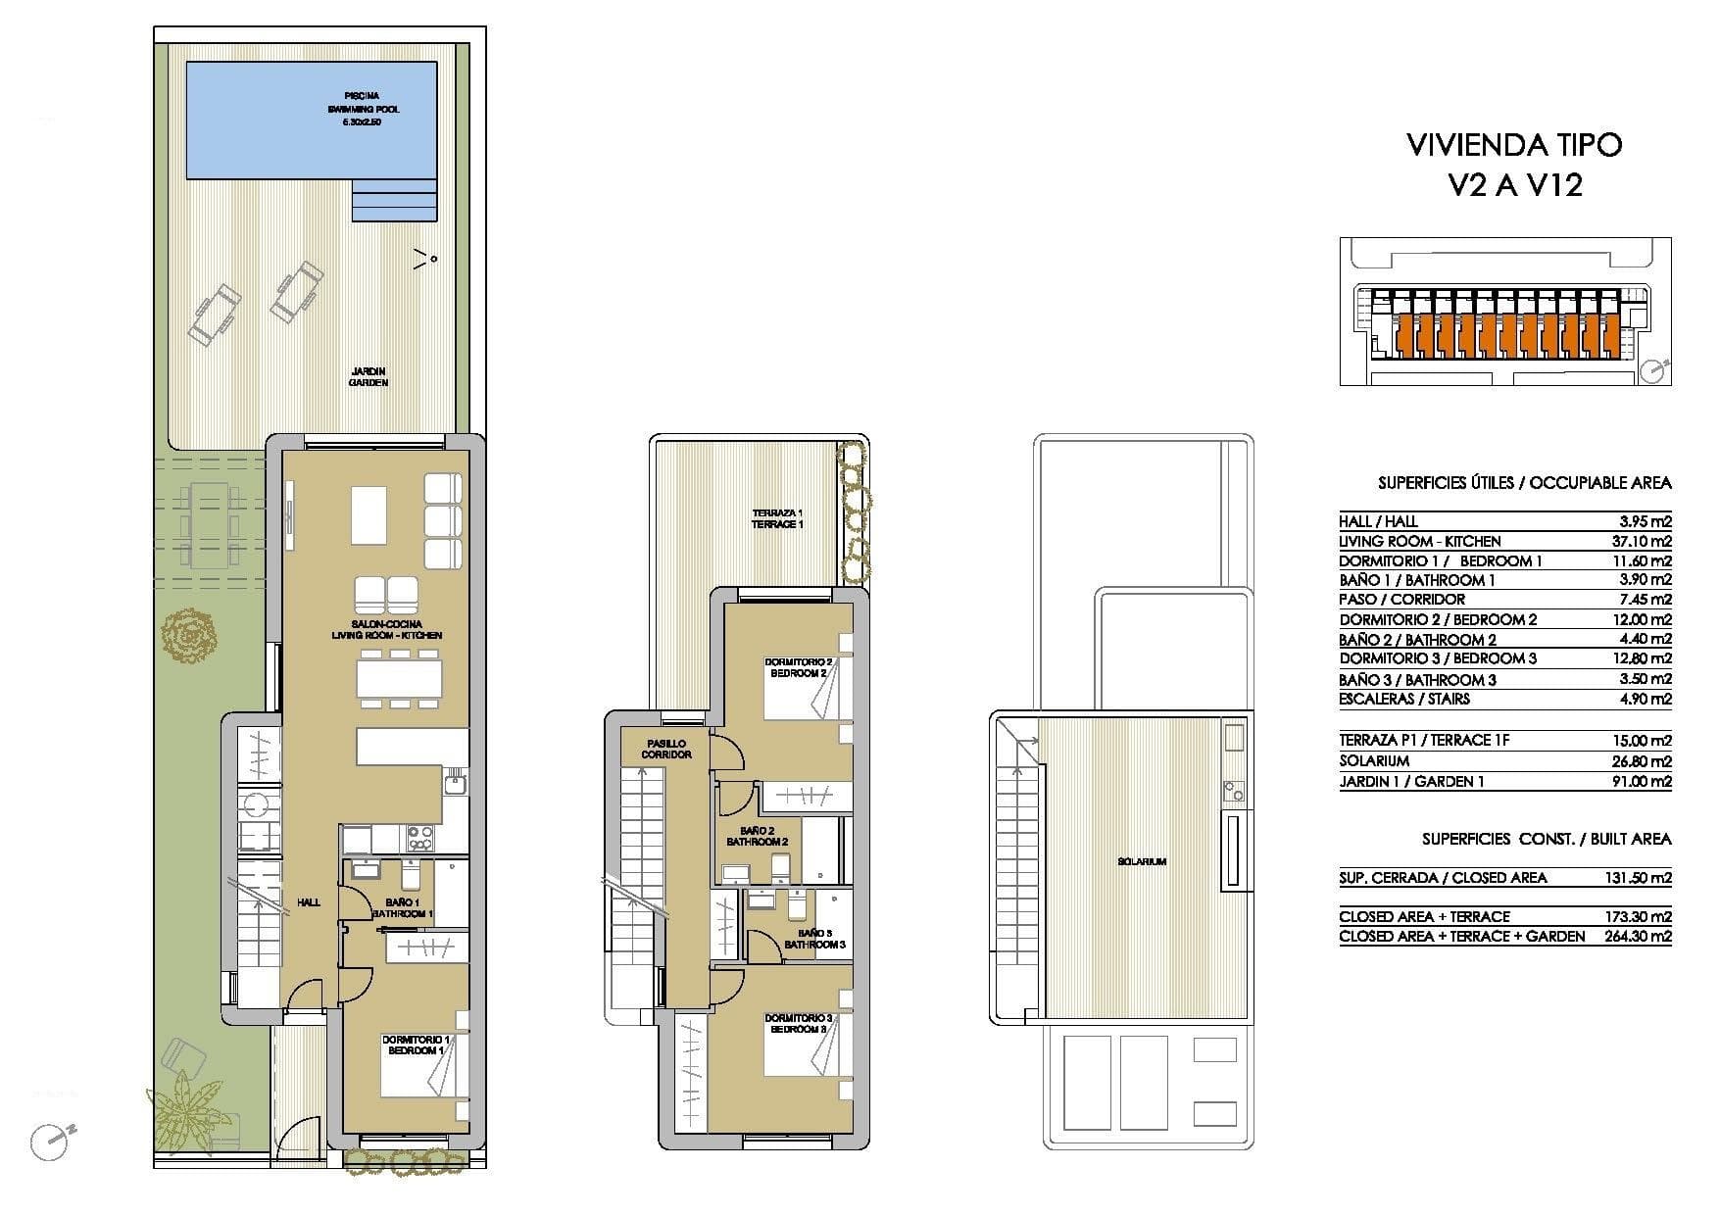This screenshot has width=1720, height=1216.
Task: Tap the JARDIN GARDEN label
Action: pyautogui.click(x=369, y=376)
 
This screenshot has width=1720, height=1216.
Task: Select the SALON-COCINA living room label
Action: pyautogui.click(x=386, y=629)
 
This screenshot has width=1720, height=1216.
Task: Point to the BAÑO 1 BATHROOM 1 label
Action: pyautogui.click(x=403, y=907)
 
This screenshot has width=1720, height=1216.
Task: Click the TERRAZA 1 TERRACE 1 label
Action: pyautogui.click(x=777, y=518)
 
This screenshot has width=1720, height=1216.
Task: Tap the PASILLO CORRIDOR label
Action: pyautogui.click(x=666, y=749)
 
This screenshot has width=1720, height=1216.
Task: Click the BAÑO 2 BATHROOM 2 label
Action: pyautogui.click(x=757, y=836)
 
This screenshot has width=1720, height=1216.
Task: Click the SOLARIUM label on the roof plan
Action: pyautogui.click(x=1142, y=862)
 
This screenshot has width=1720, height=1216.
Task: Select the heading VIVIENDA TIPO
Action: pyautogui.click(x=1514, y=145)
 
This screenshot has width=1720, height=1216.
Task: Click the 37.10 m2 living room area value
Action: pyautogui.click(x=1646, y=541)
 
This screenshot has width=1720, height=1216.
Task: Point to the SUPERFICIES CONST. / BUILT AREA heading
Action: pyautogui.click(x=1547, y=840)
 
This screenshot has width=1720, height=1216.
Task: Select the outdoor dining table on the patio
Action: pyautogui.click(x=208, y=524)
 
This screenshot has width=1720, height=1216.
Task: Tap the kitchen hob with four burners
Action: pyautogui.click(x=419, y=838)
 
